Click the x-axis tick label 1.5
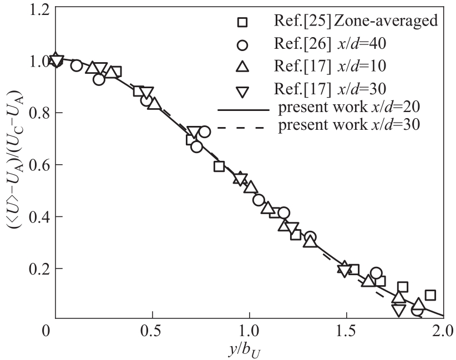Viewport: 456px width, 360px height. click(347, 334)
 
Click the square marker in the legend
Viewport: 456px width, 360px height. click(242, 23)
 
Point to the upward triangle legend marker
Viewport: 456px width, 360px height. click(242, 67)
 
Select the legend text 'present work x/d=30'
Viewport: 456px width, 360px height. click(348, 126)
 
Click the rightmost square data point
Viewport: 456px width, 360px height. click(430, 295)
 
